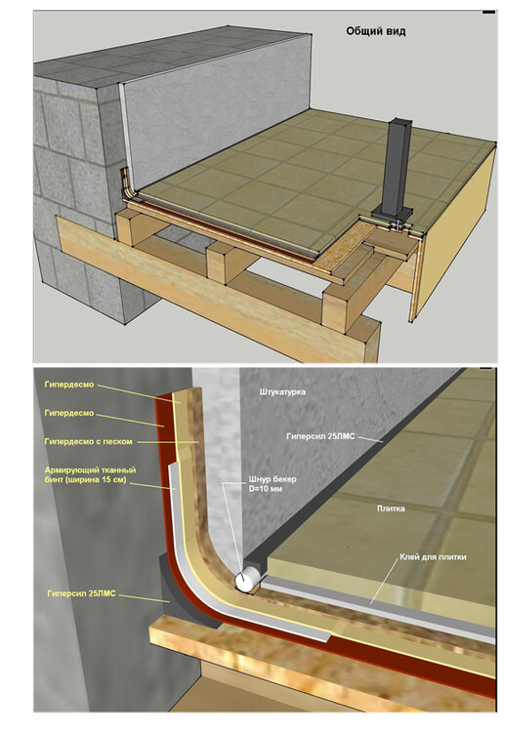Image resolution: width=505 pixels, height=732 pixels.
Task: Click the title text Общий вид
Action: tap(376, 31)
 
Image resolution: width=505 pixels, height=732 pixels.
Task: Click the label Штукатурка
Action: tap(282, 391)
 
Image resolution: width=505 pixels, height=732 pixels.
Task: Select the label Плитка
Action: tap(391, 508)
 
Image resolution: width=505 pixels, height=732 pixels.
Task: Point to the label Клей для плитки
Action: tap(433, 557)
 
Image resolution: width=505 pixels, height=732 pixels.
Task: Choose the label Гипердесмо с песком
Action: tap(88, 441)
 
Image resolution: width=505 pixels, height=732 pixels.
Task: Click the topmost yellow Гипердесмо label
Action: tap(69, 385)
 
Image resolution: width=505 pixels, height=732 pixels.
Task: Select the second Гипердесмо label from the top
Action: tap(69, 413)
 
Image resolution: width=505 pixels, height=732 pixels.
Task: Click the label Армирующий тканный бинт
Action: tap(90, 470)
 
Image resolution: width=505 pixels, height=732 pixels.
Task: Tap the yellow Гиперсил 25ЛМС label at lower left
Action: tap(81, 593)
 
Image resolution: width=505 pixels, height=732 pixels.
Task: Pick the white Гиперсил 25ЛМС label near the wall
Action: tap(320, 436)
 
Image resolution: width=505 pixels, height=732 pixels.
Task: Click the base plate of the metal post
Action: tap(394, 218)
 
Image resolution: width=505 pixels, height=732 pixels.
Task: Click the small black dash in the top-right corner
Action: tap(488, 13)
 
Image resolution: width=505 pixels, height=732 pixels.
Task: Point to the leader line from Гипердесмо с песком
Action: tap(168, 441)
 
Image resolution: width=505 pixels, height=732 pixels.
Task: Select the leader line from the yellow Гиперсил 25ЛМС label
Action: tap(144, 597)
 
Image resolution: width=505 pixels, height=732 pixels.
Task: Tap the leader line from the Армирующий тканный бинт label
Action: tap(151, 486)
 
